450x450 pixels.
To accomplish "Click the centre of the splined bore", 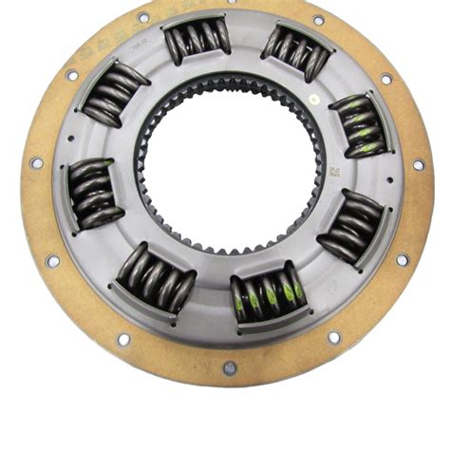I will [x=234, y=179].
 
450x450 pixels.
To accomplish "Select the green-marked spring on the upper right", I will [x=358, y=124].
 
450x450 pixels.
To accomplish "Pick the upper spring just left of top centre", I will [x=197, y=41].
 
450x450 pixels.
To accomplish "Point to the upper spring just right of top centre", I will [x=295, y=53].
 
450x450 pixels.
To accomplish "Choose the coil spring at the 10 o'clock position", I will [x=114, y=94].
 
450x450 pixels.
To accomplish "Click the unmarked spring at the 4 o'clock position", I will [x=349, y=225].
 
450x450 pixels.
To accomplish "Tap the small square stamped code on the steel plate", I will [x=333, y=174].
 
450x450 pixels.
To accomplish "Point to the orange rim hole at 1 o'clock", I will [x=318, y=20].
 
